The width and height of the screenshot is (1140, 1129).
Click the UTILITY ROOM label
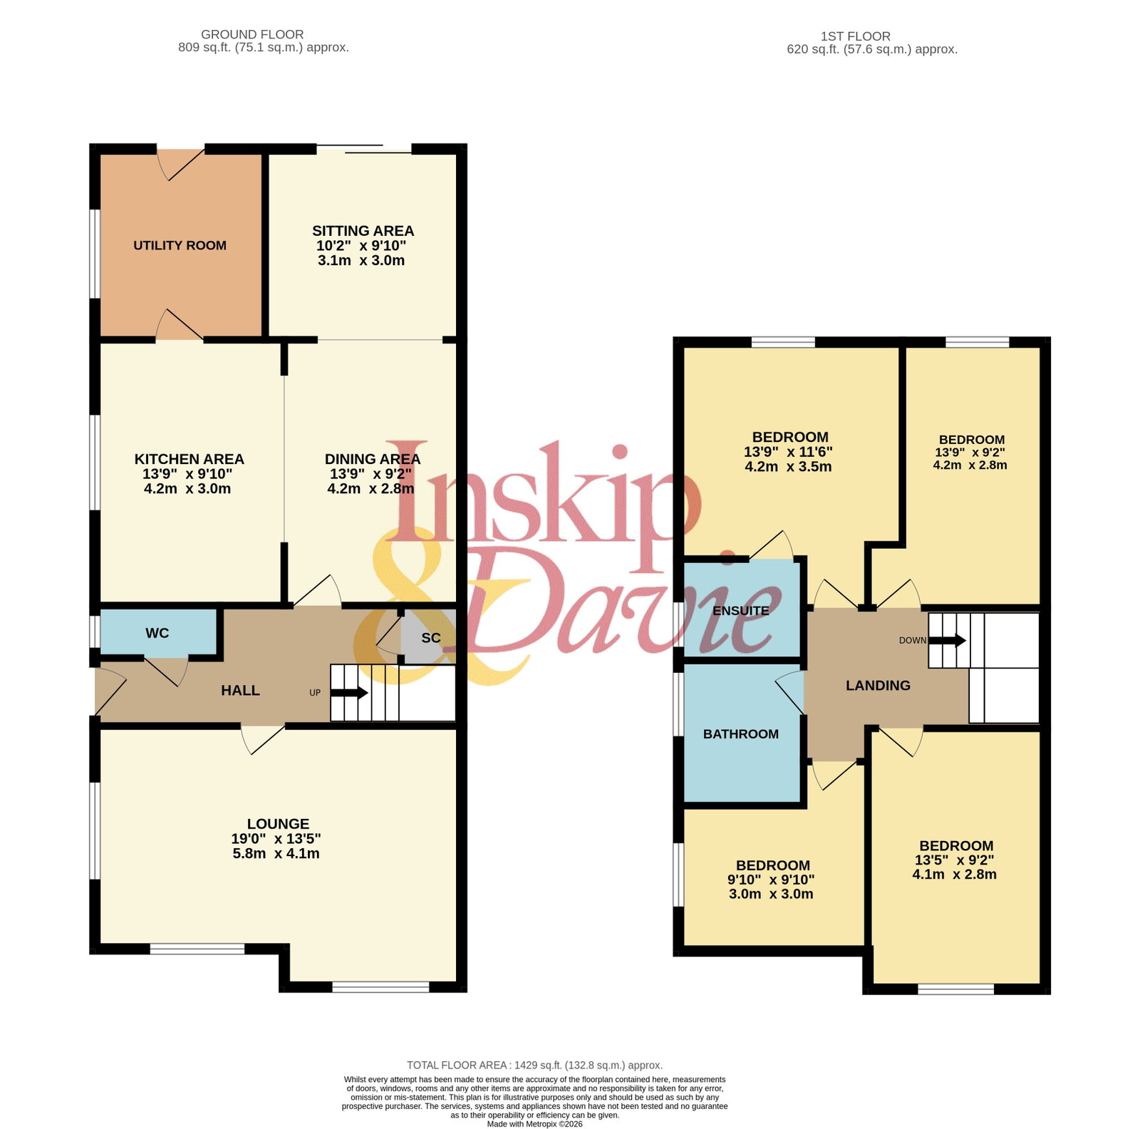(180, 245)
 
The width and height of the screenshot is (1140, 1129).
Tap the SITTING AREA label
(363, 231)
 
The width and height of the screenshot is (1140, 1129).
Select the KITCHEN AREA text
(189, 459)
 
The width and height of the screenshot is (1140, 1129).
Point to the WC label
(157, 633)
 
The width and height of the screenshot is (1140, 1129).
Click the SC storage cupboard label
(431, 638)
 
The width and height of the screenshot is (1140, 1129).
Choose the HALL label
(240, 690)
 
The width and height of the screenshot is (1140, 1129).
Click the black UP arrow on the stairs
(349, 692)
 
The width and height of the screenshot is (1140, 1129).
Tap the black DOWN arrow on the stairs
(947, 640)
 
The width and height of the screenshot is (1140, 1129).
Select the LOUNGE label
(278, 824)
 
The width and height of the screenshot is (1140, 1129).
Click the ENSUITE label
(741, 611)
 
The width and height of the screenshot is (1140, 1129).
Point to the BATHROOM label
(741, 734)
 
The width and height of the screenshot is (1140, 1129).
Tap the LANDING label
(878, 686)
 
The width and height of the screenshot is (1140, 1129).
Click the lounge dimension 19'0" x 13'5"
(276, 839)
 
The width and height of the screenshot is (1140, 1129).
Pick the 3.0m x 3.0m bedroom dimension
(771, 894)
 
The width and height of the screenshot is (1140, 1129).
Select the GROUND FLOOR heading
(252, 34)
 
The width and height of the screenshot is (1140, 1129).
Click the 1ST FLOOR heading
(856, 36)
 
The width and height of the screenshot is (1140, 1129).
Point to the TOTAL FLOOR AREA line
(534, 1066)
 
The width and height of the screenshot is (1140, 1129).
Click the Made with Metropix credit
(534, 1124)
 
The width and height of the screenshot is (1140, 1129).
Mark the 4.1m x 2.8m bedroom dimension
(955, 875)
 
